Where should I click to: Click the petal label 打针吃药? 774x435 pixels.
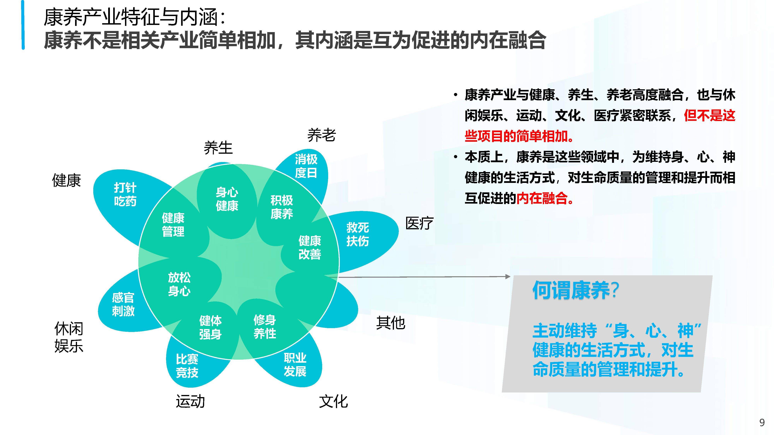point(125,194)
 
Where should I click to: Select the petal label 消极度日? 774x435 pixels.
point(306,166)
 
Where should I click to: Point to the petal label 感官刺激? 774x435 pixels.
point(123,304)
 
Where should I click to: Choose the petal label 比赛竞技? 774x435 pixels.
point(187,366)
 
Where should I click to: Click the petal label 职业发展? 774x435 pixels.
point(295,365)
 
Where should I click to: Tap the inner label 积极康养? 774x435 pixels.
point(282,207)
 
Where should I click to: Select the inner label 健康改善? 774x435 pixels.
point(310,247)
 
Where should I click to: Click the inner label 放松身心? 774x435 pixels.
point(179,284)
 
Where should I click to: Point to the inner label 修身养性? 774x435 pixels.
point(265,327)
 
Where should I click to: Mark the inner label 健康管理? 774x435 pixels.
point(173,224)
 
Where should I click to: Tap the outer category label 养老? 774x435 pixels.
point(321,135)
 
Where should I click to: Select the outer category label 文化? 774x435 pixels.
point(333,401)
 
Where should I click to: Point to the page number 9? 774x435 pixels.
point(762,423)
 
